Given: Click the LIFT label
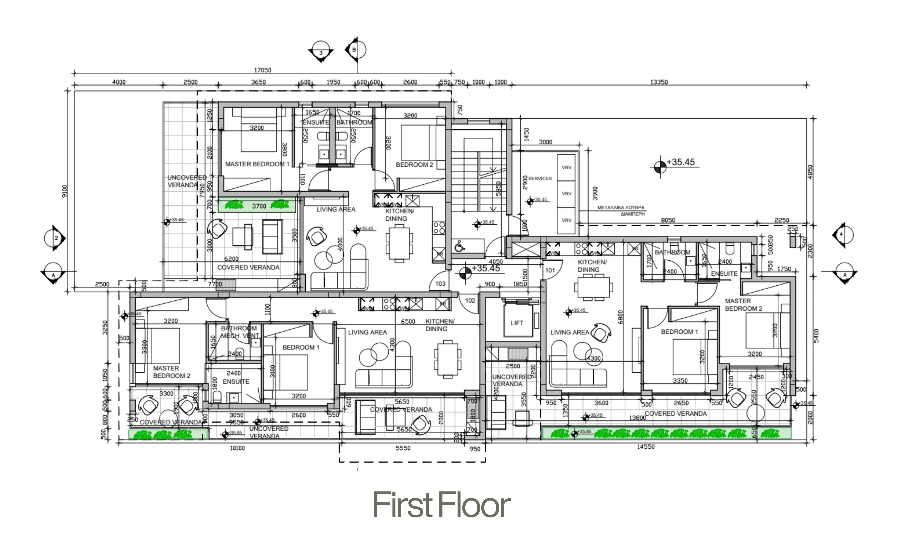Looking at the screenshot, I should [517, 323].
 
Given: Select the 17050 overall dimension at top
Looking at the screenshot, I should [262, 70].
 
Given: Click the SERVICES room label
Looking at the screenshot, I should [540, 178].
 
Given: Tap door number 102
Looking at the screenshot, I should [470, 300].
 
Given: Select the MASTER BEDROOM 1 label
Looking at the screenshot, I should [257, 164].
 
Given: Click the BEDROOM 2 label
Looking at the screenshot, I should [414, 165].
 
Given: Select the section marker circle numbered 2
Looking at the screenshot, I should [54, 238].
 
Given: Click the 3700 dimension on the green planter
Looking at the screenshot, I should [259, 206].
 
